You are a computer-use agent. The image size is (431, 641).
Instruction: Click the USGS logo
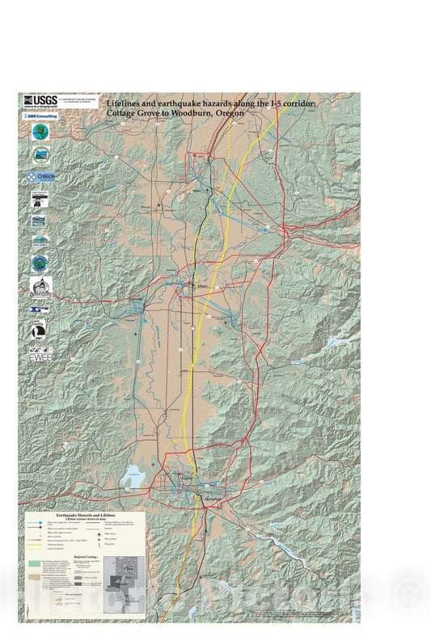point(40,101)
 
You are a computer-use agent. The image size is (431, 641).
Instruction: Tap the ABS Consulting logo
point(40,116)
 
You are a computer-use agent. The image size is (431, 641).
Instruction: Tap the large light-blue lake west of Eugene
point(133,479)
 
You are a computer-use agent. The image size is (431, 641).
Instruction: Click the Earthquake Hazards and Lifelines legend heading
point(85,514)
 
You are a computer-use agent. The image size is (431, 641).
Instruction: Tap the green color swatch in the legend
point(33,561)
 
